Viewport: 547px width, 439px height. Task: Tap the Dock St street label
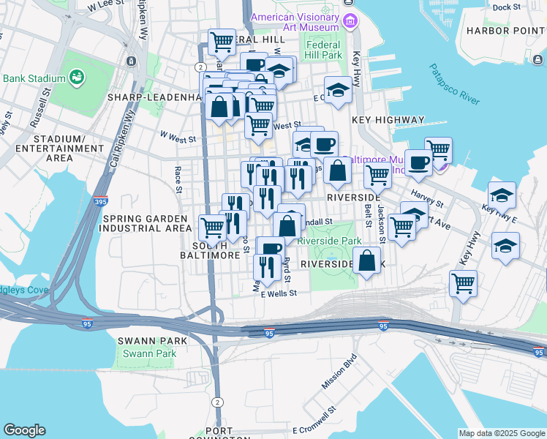506,7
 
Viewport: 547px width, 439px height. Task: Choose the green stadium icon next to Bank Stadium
76,77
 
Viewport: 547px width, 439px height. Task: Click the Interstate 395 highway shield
101,201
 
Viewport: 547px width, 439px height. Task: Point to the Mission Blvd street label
339,372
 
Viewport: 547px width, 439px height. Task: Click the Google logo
24,430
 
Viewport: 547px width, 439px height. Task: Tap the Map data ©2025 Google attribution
502,433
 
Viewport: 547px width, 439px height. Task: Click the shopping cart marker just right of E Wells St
464,282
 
